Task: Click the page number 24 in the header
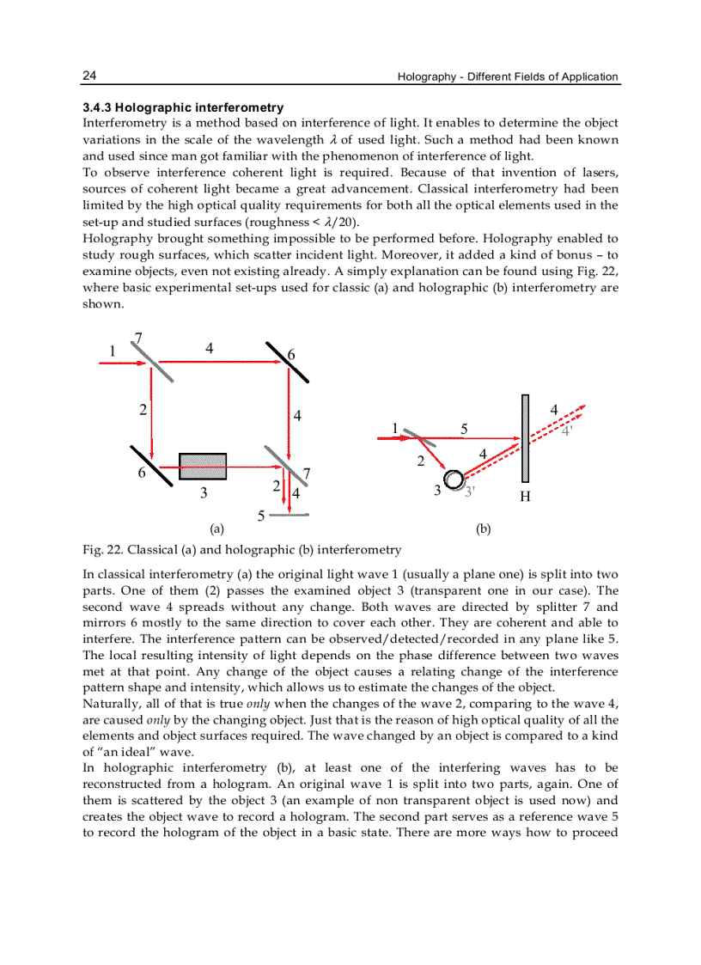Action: tap(88, 76)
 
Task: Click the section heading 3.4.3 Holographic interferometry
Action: tap(182, 108)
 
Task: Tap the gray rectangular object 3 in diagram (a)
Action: tap(203, 467)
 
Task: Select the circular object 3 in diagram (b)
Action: tap(452, 479)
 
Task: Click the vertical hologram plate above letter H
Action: tap(524, 438)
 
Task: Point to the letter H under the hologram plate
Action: tap(524, 498)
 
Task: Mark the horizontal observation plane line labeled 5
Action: tap(290, 515)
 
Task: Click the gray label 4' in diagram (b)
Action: tap(566, 431)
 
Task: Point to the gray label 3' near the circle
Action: tap(470, 492)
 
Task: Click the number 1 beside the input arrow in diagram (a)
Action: tap(112, 351)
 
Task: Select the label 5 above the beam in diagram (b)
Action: tap(464, 428)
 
